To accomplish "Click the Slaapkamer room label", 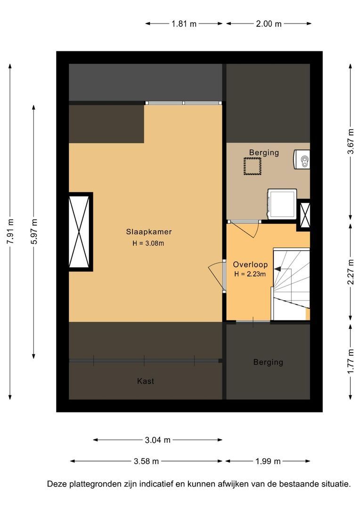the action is pos(149,232).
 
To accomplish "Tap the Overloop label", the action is pos(250,264).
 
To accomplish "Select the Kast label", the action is pos(146,381).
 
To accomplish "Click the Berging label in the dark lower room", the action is pos(268,362).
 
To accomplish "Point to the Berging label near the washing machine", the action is pos(264,153).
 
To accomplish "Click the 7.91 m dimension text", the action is pos(11,231).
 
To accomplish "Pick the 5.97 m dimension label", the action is pos(34,231).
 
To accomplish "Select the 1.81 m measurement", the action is pos(184,24).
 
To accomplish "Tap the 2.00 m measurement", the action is pos(269,24).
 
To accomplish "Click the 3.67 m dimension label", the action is pos(351,142).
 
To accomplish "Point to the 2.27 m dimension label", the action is pos(351,272).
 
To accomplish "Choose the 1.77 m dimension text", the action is pos(351,361).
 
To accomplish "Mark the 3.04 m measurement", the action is pos(157,440).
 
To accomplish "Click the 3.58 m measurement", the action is pos(147,461).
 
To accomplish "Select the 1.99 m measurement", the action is pos(268,461).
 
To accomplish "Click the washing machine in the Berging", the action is pos(282,204).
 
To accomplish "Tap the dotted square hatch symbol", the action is pos(253,166).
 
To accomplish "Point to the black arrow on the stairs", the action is pos(278,269).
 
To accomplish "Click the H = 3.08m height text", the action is pos(148,243).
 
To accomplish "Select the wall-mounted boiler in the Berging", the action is pos(302,159).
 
